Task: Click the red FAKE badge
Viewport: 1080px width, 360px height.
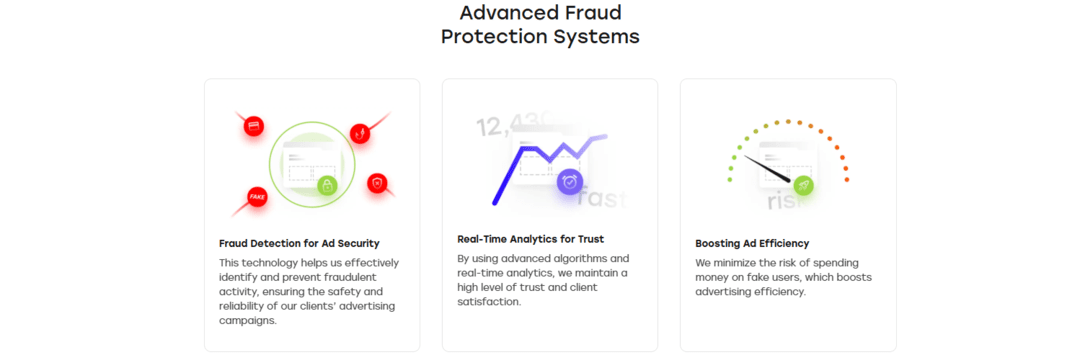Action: (257, 196)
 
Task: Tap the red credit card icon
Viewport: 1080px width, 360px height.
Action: (254, 126)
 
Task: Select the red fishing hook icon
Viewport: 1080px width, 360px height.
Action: (360, 133)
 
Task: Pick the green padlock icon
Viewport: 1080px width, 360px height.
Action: (326, 185)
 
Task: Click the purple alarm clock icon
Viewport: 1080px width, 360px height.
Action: (570, 181)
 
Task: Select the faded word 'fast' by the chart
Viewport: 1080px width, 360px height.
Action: (603, 197)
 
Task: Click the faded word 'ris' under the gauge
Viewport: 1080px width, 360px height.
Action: (783, 202)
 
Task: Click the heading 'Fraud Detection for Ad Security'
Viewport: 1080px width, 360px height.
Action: (299, 243)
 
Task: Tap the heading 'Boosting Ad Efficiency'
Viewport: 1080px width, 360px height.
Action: (752, 243)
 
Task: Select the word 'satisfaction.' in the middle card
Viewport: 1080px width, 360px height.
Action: (489, 301)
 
